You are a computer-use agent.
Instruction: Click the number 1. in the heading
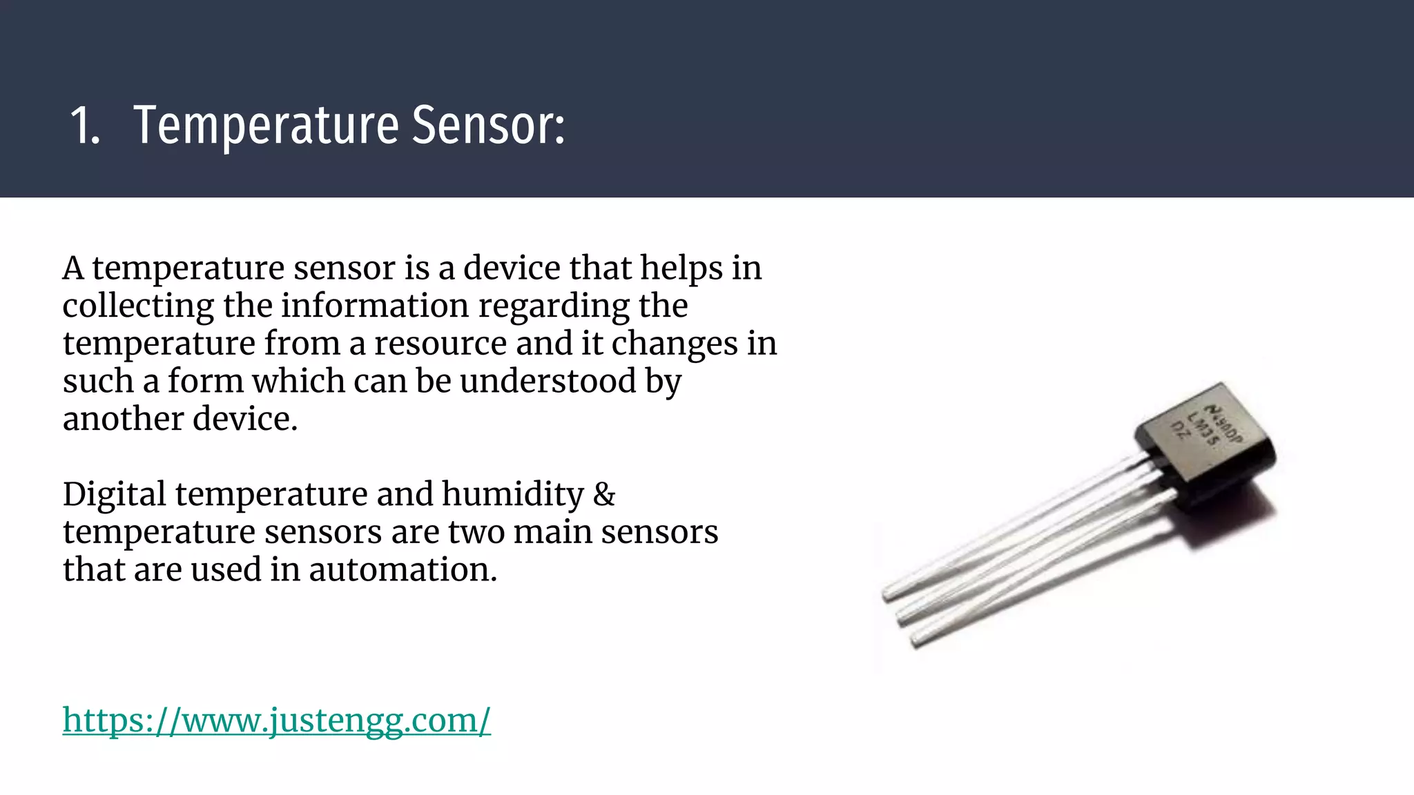[x=85, y=126]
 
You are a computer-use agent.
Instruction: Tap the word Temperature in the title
[x=266, y=126]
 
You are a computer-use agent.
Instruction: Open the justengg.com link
[x=276, y=720]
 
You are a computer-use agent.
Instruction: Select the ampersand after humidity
[x=604, y=494]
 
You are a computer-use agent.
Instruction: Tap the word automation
[x=403, y=569]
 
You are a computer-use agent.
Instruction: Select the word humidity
[x=512, y=494]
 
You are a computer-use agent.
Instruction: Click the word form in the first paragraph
[x=206, y=381]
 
